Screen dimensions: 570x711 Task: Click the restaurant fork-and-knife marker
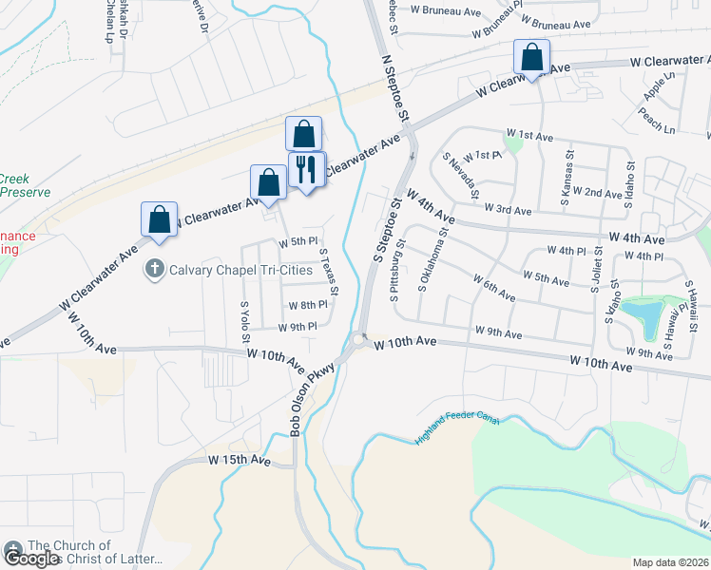(306, 170)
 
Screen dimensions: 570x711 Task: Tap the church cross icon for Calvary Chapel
(154, 270)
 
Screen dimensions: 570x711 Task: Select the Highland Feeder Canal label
(457, 427)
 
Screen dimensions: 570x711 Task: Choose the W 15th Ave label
(240, 461)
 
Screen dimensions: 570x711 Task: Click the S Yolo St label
(245, 321)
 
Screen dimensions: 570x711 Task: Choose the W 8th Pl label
(307, 305)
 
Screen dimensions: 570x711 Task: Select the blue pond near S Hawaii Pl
(640, 317)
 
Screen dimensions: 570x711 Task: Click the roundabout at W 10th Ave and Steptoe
(359, 339)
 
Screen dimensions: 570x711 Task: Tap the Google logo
(30, 559)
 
